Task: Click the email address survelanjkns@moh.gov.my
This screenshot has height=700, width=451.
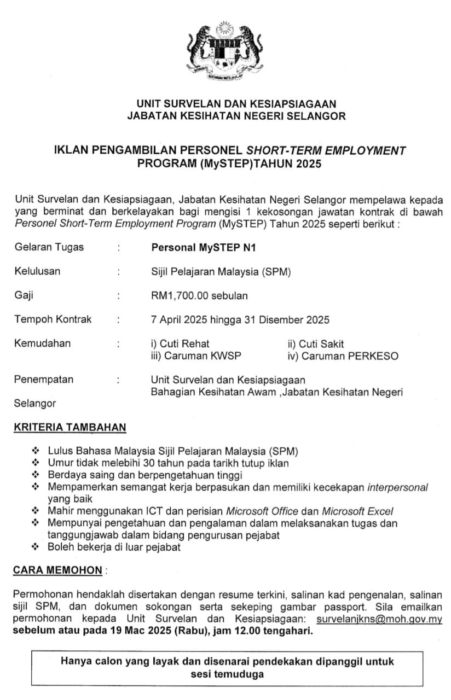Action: (379, 620)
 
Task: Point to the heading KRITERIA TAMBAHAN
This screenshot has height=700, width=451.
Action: (70, 427)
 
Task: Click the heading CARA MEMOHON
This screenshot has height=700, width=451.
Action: (57, 570)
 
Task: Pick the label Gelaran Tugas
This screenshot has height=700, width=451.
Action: (49, 247)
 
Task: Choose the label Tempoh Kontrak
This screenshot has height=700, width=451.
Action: (53, 319)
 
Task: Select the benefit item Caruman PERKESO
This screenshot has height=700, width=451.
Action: (343, 356)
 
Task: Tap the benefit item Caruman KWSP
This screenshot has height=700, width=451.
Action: (196, 356)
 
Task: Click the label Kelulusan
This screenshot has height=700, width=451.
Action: (37, 271)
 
